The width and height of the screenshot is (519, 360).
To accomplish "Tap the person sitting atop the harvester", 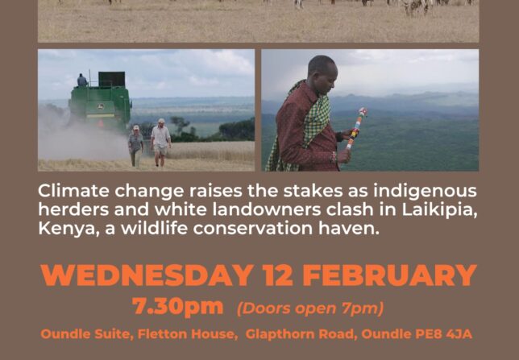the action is pyautogui.click(x=81, y=81).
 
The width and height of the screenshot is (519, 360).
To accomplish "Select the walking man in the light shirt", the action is pyautogui.click(x=161, y=143).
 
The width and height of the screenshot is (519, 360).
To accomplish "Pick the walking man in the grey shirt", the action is pyautogui.click(x=135, y=145).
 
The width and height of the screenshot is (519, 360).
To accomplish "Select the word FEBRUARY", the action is pyautogui.click(x=389, y=275).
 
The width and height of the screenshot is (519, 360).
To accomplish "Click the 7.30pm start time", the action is pyautogui.click(x=177, y=307).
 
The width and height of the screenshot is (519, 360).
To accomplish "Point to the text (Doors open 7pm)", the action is pyautogui.click(x=310, y=308).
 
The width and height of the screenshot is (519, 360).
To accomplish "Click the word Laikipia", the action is pyautogui.click(x=439, y=210).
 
